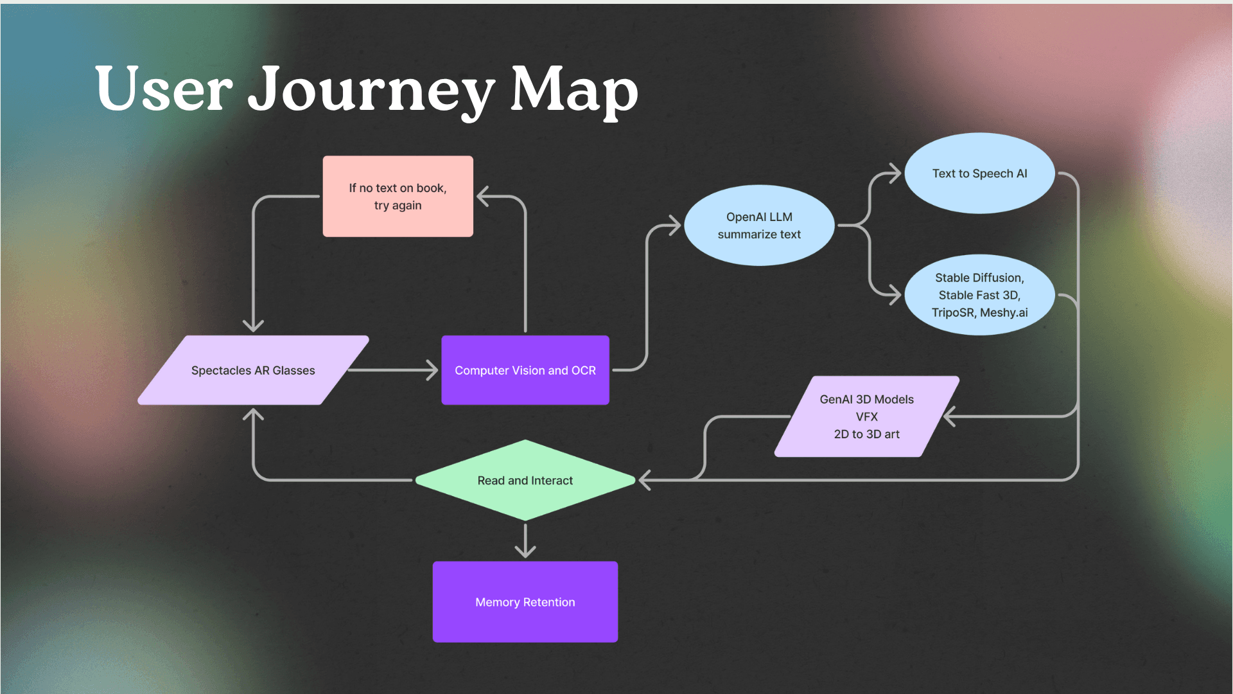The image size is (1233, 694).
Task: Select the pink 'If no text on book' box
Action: pos(398,196)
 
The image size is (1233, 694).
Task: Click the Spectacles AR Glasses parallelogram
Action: pos(253,370)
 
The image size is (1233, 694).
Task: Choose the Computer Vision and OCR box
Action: pos(525,370)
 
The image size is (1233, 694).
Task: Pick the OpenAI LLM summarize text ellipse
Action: pos(759,226)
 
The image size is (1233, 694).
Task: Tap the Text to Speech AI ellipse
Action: pos(979,173)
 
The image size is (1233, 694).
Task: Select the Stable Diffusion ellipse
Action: pos(979,295)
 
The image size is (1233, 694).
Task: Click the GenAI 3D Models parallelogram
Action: pos(866,416)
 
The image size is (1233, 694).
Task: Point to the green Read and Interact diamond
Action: pos(525,480)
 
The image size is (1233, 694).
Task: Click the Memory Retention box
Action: pos(525,602)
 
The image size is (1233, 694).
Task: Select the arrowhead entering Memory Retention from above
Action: pos(525,551)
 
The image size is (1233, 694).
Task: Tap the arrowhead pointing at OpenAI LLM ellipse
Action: pos(674,226)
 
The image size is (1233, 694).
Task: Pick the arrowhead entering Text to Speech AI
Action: pos(895,173)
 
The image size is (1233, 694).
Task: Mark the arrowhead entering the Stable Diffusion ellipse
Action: pos(895,295)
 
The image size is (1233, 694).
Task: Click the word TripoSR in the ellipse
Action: pos(952,313)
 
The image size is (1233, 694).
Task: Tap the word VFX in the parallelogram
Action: pos(866,416)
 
